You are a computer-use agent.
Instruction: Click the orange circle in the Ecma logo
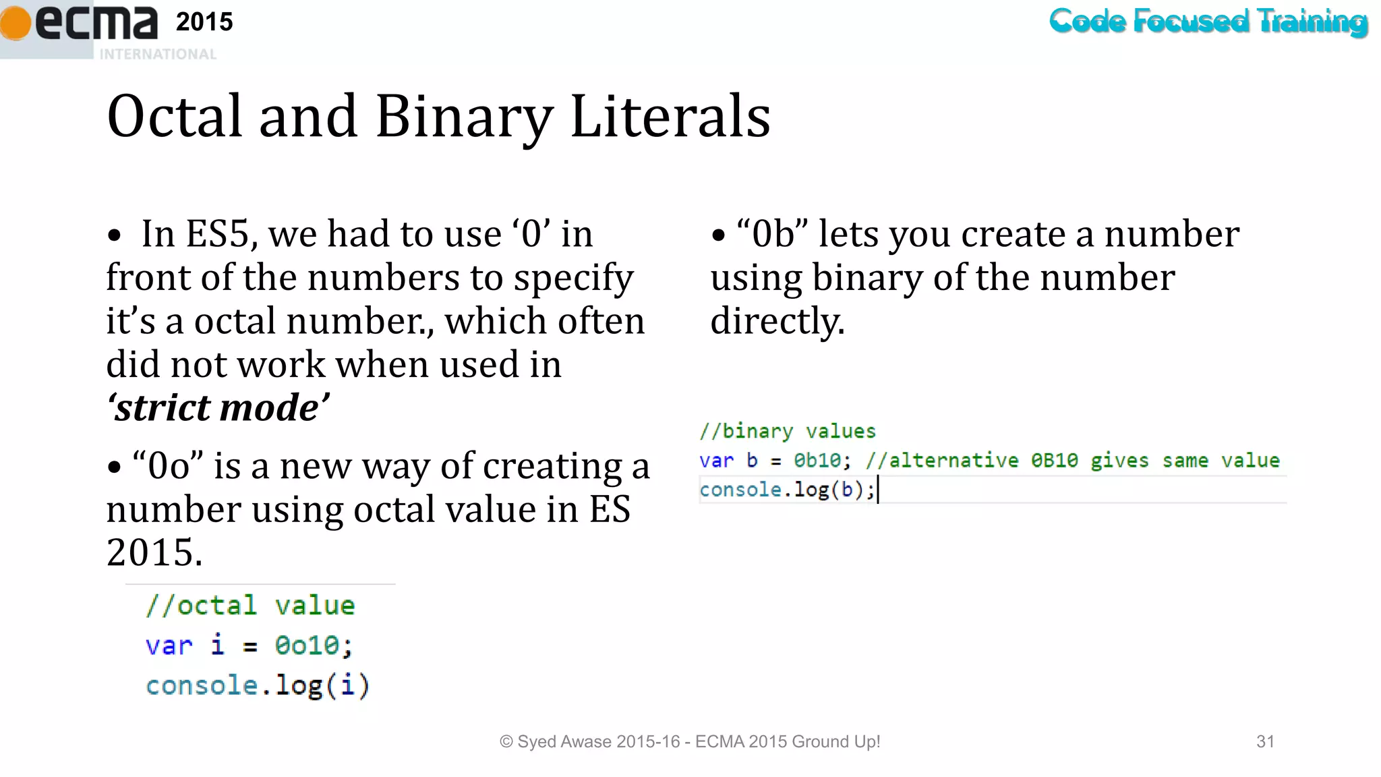click(x=15, y=22)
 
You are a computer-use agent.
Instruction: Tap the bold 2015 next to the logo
click(x=204, y=22)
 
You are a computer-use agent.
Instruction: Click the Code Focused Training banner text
click(x=1208, y=22)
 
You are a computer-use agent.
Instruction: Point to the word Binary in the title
click(x=464, y=117)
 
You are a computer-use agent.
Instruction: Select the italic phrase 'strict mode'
click(x=218, y=407)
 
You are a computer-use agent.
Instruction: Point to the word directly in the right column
click(x=777, y=321)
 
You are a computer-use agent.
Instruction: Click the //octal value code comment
click(x=250, y=605)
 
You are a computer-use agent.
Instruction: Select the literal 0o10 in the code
click(x=307, y=645)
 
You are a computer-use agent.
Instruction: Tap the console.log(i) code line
click(x=258, y=686)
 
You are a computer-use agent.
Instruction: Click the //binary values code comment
click(x=787, y=431)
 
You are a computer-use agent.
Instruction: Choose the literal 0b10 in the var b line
click(x=817, y=461)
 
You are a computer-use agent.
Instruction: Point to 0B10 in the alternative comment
click(x=1054, y=461)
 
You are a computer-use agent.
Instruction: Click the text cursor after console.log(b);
click(x=878, y=490)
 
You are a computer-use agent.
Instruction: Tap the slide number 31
click(x=1265, y=742)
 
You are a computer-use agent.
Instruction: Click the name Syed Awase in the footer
click(x=564, y=742)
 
